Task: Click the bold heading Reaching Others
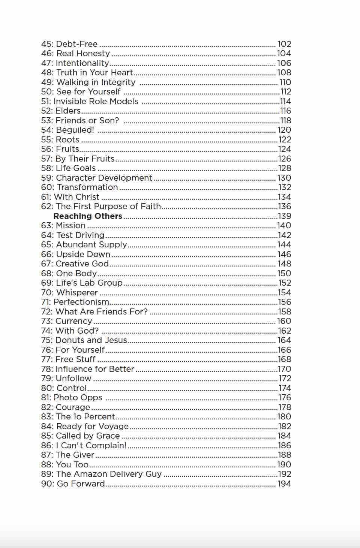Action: point(88,216)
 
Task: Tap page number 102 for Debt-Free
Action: point(284,44)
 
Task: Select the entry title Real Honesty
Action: point(83,54)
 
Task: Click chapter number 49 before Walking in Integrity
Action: point(46,82)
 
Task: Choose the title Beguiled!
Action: point(75,130)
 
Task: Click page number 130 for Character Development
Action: point(284,178)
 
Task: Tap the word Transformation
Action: point(87,187)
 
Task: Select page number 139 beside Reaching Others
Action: point(285,216)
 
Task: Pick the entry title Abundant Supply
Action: point(91,244)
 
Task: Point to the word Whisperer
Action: point(76,292)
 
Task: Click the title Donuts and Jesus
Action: point(91,340)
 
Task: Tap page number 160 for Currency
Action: point(284,321)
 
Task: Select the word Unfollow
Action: point(73,378)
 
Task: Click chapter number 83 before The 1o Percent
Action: point(47,416)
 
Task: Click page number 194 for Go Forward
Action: point(284,484)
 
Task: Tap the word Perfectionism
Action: point(81,302)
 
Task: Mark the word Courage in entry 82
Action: point(73,407)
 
